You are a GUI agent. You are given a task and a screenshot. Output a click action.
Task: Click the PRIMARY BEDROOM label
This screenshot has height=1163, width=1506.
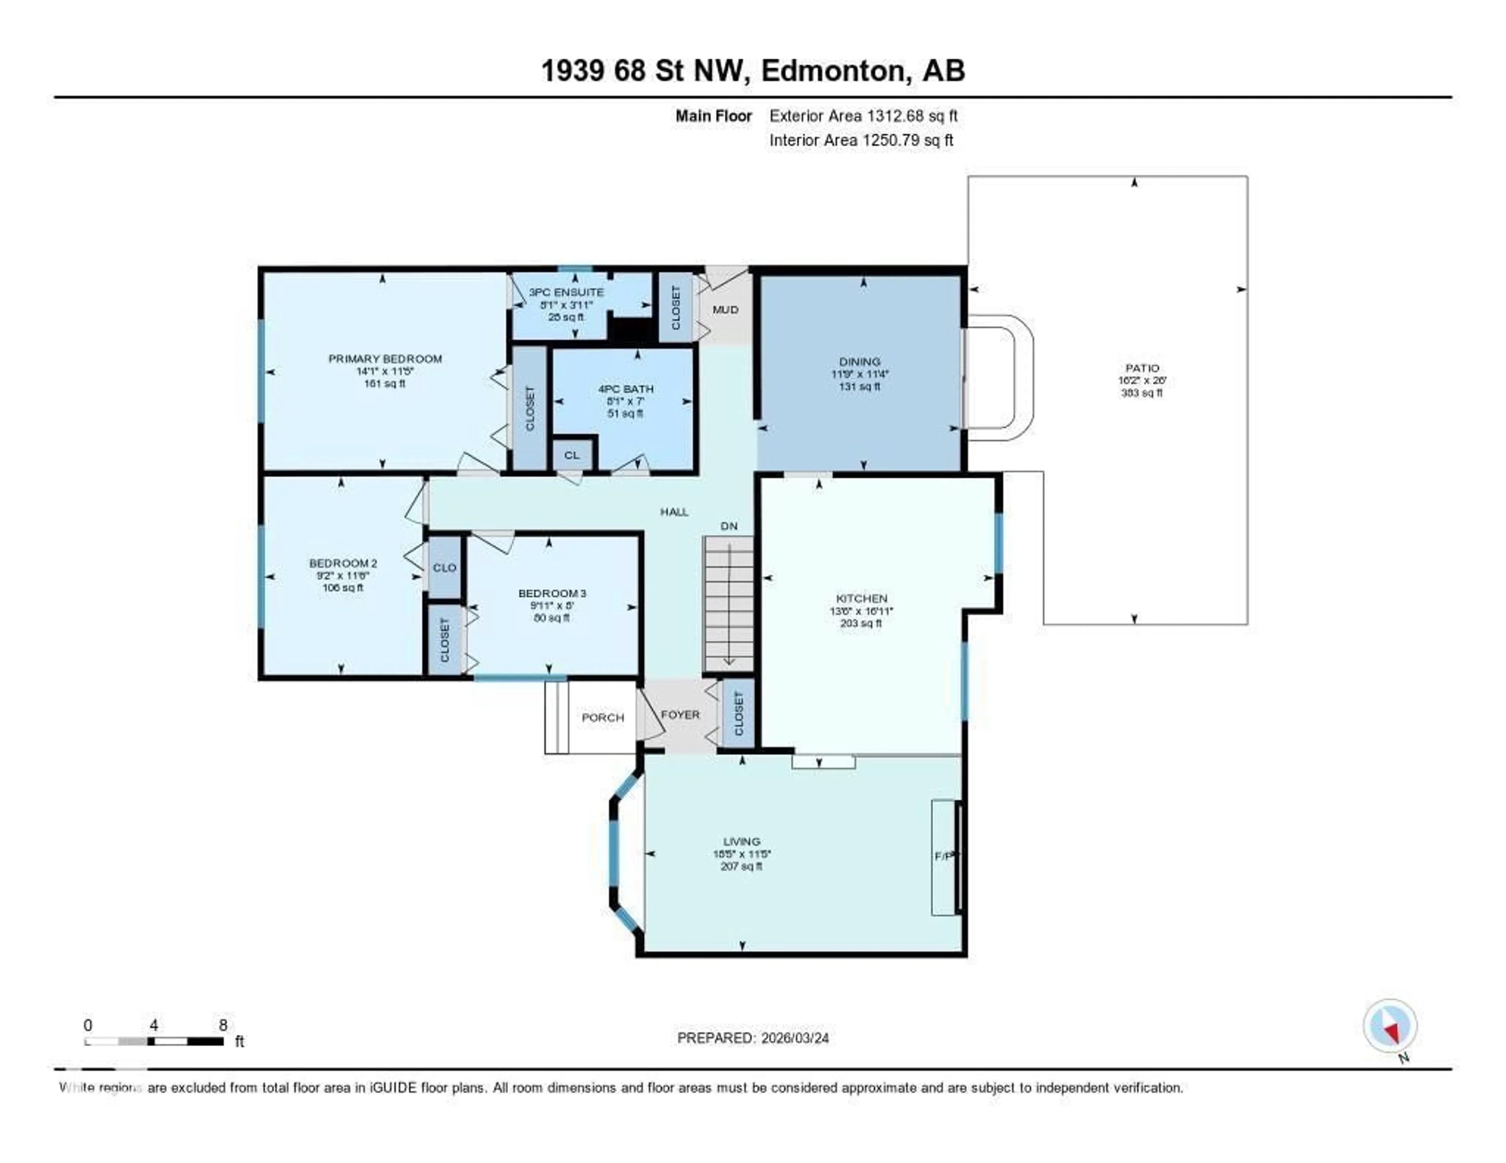[385, 358]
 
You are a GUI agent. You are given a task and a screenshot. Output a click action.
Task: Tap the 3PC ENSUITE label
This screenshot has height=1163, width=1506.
[566, 292]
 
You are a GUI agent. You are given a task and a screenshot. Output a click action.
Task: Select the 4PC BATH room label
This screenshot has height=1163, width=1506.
[626, 389]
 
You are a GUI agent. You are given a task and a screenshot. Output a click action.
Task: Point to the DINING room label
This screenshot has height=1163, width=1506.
[859, 361]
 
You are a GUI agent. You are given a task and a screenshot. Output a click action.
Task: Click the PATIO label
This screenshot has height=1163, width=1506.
[1142, 368]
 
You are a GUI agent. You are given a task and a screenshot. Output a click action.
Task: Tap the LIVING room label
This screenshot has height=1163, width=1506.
[741, 841]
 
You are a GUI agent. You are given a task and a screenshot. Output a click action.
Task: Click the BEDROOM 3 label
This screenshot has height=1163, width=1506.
[552, 593]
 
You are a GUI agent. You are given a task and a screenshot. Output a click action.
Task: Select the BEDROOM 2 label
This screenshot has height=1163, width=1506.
[343, 563]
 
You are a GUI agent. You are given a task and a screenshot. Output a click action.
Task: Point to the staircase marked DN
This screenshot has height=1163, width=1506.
[728, 603]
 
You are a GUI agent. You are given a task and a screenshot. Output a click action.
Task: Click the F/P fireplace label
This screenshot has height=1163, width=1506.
[943, 856]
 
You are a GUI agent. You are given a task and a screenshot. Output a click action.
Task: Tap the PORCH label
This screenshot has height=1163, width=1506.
[603, 718]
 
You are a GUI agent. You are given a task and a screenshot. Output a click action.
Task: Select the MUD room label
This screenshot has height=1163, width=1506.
[726, 309]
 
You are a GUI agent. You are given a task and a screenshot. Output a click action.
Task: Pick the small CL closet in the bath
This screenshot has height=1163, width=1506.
[572, 455]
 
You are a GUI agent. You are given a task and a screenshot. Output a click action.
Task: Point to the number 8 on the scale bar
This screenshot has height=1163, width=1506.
[223, 1025]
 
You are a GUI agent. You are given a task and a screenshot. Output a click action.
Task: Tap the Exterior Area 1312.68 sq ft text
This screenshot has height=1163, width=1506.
[863, 116]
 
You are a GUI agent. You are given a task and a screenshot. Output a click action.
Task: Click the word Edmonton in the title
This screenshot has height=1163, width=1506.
[833, 70]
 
